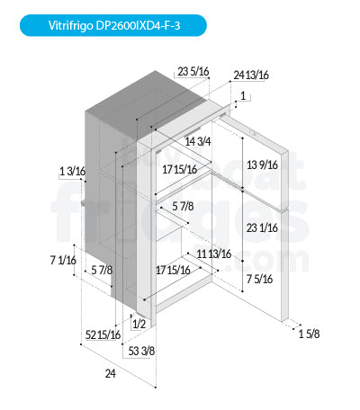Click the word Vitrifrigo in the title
(71, 25)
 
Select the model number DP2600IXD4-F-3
(138, 25)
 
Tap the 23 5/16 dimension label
(193, 72)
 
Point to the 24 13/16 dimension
(251, 75)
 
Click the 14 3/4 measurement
(198, 141)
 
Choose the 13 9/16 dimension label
(262, 165)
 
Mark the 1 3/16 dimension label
(73, 172)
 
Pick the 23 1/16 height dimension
(262, 228)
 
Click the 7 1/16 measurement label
(63, 260)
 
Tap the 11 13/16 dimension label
(214, 254)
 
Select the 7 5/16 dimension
(259, 279)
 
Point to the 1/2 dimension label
(139, 324)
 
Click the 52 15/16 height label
(103, 334)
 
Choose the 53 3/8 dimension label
(141, 351)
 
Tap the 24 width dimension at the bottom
(111, 374)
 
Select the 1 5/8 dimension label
(309, 334)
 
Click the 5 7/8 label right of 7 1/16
(102, 270)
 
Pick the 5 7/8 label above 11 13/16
(183, 206)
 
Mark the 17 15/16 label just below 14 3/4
(180, 170)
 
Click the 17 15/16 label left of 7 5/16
(173, 271)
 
